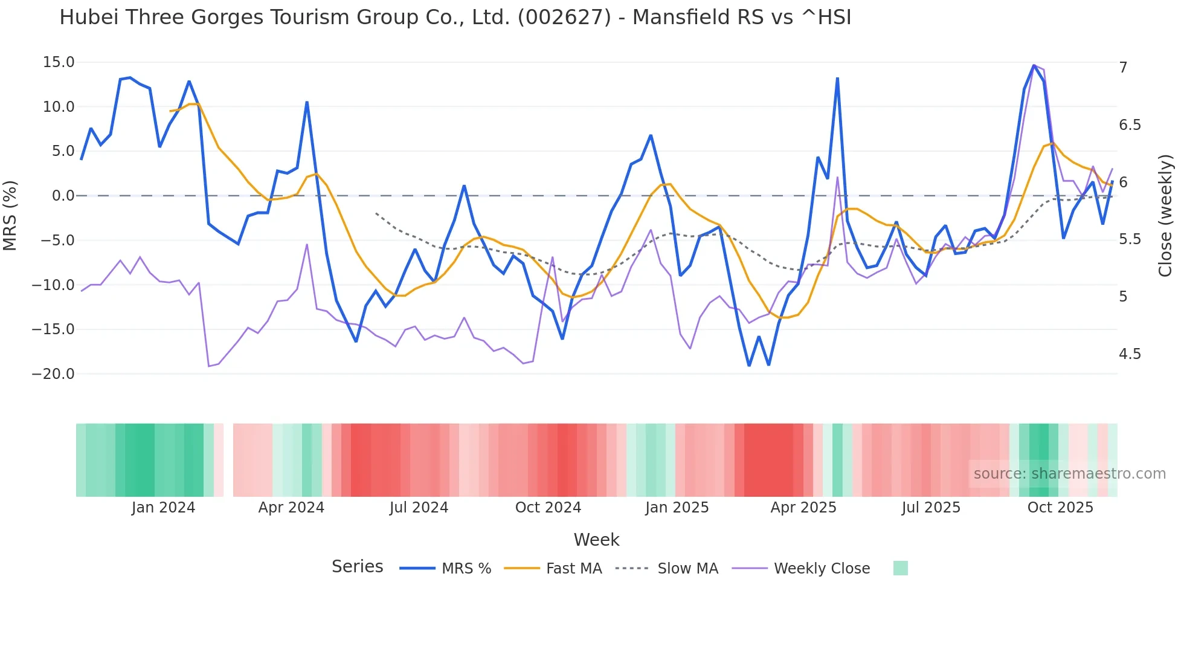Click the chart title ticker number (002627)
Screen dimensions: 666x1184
(x=564, y=18)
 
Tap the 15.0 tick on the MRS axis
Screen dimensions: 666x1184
(x=59, y=62)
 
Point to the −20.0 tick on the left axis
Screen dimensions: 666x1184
(x=53, y=374)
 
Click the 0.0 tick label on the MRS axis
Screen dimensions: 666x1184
(x=63, y=196)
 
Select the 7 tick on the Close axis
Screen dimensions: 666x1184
(x=1123, y=68)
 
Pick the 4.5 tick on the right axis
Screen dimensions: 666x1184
(x=1130, y=354)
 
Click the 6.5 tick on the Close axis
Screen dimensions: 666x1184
(x=1130, y=125)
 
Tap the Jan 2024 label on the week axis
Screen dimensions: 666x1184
(x=163, y=508)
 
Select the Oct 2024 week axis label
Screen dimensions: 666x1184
(x=548, y=508)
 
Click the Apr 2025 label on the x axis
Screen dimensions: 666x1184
(x=803, y=508)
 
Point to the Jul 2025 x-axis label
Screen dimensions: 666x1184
(x=931, y=508)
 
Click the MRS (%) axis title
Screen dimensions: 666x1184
(x=10, y=216)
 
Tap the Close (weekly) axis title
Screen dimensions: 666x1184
(x=1165, y=216)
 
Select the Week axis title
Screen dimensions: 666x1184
(x=596, y=540)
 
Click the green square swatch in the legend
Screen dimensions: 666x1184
(x=900, y=568)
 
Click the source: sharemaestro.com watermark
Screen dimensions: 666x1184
(x=1069, y=474)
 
